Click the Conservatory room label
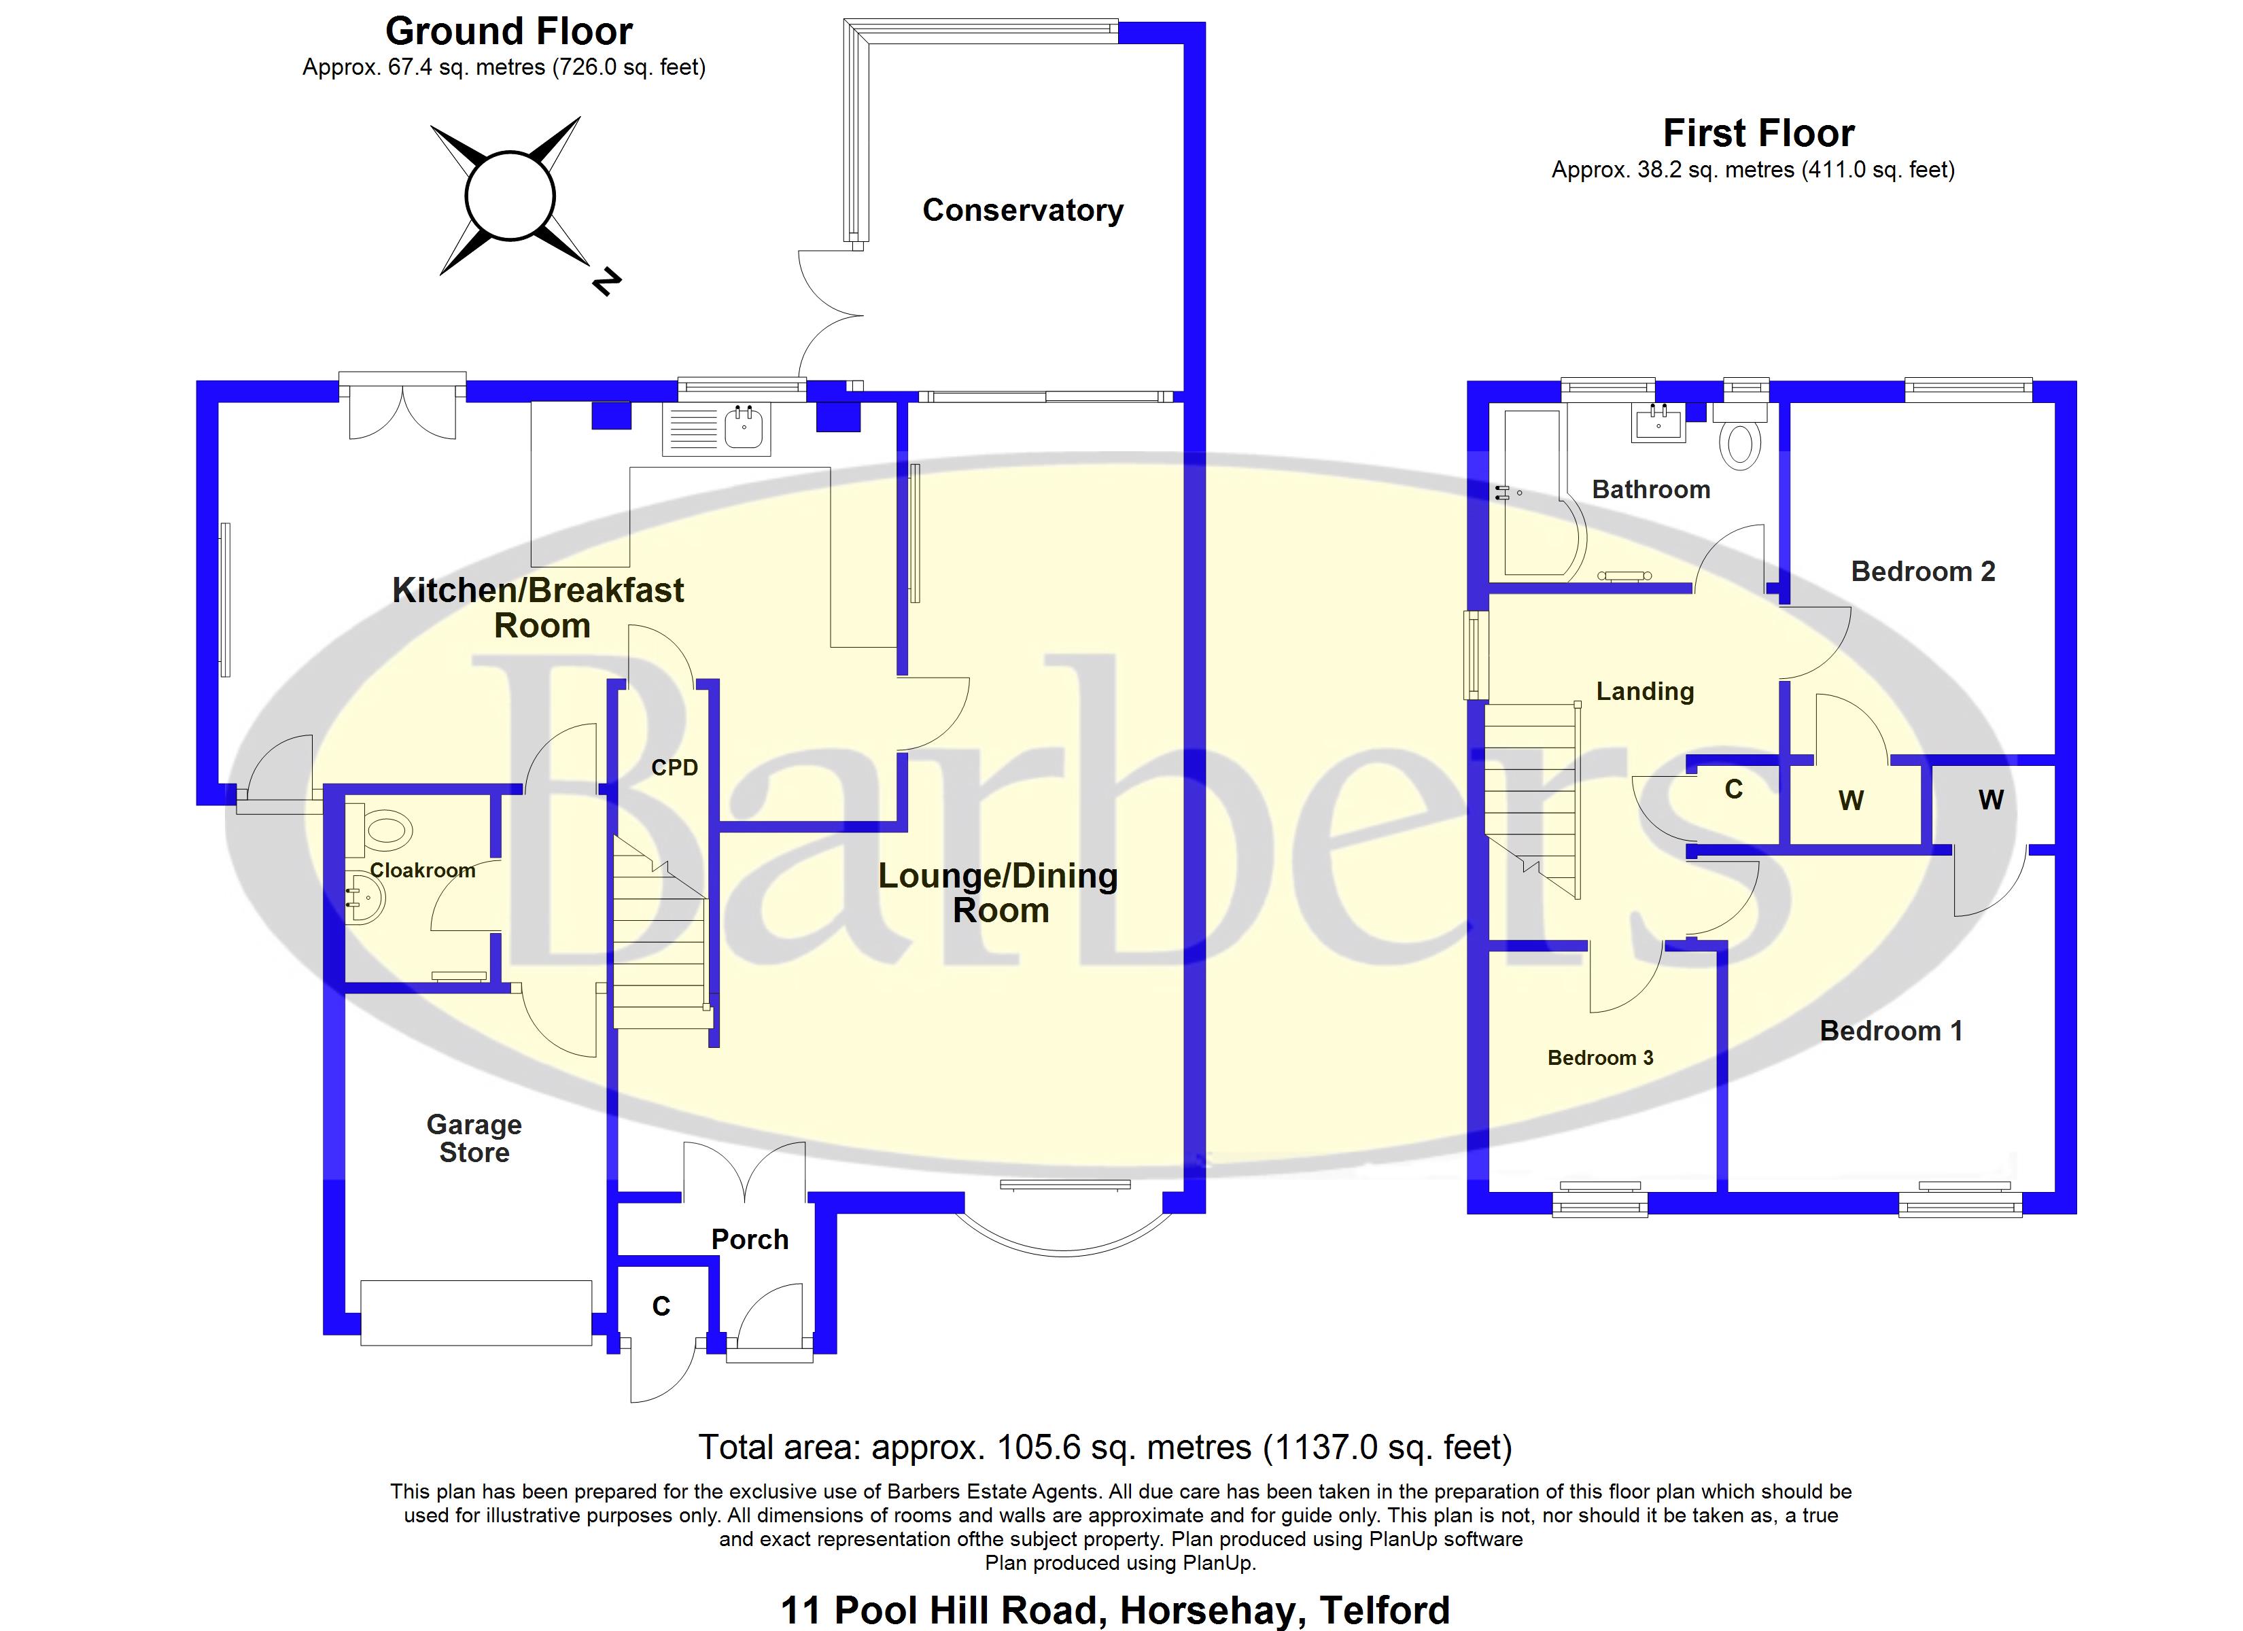1022,211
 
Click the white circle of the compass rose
509,196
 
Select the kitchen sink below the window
743,428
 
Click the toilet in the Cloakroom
385,830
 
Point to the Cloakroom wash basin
363,900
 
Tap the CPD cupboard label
674,767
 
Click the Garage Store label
474,1138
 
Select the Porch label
750,1240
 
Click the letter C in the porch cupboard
661,1307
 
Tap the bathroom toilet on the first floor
1741,440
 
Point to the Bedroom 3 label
1599,1058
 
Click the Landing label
1645,691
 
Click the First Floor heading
1758,133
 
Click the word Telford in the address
1384,1610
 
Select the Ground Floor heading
508,32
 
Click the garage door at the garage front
476,1312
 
